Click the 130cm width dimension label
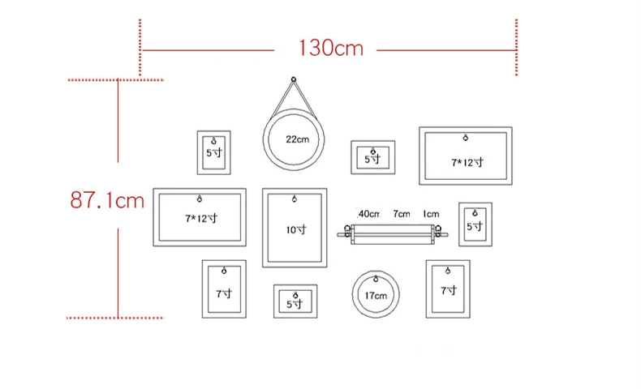[331, 48]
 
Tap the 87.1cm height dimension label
[107, 200]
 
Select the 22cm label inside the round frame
[297, 139]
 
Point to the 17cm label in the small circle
[376, 296]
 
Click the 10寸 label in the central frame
[296, 230]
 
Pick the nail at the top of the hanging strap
[293, 79]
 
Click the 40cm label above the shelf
[368, 214]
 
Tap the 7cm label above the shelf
[402, 214]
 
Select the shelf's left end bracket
[348, 232]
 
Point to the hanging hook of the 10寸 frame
[294, 199]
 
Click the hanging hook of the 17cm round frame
[376, 280]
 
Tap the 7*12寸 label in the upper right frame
[467, 162]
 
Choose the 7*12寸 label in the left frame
[201, 218]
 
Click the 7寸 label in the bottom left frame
[224, 293]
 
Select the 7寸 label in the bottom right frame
[449, 291]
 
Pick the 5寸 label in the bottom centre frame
[295, 304]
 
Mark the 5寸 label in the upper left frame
[214, 153]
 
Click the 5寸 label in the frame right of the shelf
[475, 226]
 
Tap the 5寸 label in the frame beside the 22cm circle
[372, 159]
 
